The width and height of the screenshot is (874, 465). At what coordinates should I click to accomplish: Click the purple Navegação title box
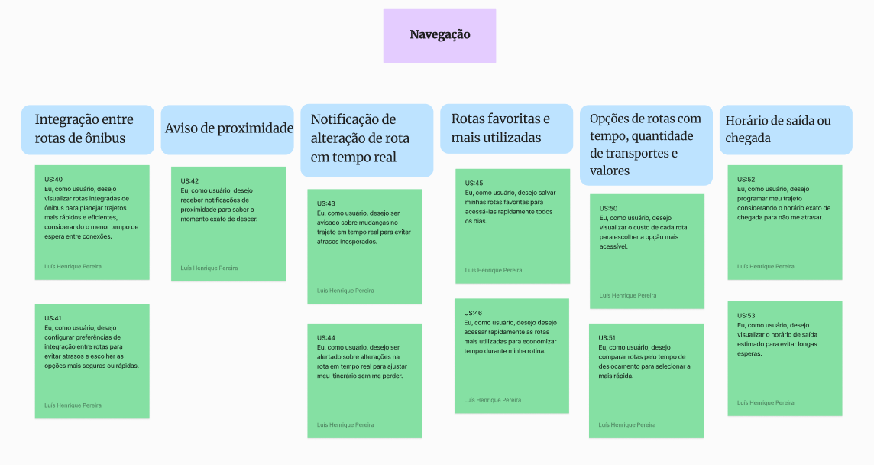click(x=439, y=35)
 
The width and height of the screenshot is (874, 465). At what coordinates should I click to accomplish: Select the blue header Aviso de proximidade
click(x=228, y=129)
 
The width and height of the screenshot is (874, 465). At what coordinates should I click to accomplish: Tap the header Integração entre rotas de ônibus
click(x=88, y=129)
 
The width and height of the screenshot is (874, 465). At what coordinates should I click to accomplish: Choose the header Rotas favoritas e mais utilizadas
click(x=507, y=128)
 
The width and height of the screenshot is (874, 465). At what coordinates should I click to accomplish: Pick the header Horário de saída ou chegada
click(x=786, y=129)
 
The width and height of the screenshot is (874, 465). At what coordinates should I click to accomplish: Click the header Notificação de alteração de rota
click(x=367, y=140)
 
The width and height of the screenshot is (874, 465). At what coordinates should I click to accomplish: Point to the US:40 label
click(x=53, y=180)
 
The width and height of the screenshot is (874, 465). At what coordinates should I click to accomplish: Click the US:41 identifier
click(x=53, y=318)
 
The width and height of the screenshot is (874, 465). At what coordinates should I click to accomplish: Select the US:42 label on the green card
click(x=189, y=181)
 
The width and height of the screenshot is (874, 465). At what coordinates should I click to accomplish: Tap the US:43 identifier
click(x=326, y=203)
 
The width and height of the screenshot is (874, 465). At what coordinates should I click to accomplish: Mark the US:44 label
click(x=326, y=338)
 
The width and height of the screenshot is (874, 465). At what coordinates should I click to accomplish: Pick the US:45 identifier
click(x=474, y=183)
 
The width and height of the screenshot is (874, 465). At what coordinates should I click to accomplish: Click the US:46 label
click(x=473, y=313)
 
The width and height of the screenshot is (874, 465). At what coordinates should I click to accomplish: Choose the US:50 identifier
click(x=608, y=209)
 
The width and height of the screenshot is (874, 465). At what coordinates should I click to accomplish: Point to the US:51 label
click(x=607, y=338)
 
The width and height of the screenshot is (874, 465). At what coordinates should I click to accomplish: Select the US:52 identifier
click(x=746, y=180)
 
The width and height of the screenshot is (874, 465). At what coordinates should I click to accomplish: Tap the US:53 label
click(x=746, y=316)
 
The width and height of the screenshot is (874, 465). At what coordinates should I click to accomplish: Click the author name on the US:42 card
click(x=209, y=268)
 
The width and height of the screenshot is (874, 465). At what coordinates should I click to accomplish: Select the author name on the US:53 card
click(x=766, y=402)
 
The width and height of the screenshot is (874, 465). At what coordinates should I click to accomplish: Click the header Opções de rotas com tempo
click(x=646, y=145)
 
